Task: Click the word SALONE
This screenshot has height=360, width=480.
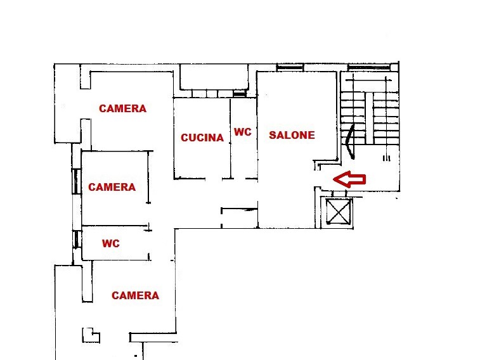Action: pos(292,135)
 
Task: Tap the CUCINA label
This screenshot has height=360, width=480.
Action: pos(202,138)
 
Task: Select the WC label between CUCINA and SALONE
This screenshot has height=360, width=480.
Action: pos(243,132)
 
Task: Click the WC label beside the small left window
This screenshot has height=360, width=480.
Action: pos(111,243)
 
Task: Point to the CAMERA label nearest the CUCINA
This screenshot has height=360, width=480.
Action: pos(123,108)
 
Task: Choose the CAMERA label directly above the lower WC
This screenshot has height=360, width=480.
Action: pos(112,187)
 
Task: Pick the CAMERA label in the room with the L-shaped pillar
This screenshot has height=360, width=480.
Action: pos(135,295)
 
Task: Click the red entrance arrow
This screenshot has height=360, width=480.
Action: pos(349,179)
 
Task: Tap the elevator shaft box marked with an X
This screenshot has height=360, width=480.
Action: pos(338,212)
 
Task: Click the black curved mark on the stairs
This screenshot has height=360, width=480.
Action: pos(349,142)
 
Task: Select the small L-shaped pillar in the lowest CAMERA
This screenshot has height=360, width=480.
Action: pos(90,335)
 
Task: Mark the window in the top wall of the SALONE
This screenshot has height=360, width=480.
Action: pos(290,67)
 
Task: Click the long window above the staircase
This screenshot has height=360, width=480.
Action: pos(369,67)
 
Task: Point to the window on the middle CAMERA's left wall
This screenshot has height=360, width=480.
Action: pos(77,181)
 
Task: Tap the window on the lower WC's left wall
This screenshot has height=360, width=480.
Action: pos(77,239)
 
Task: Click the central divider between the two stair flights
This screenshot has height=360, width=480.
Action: pos(369,118)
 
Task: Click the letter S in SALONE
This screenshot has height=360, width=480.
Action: pos(272,135)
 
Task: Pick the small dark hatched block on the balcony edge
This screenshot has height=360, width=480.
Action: pos(240,94)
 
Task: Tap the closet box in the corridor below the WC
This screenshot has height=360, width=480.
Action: pos(240,218)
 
